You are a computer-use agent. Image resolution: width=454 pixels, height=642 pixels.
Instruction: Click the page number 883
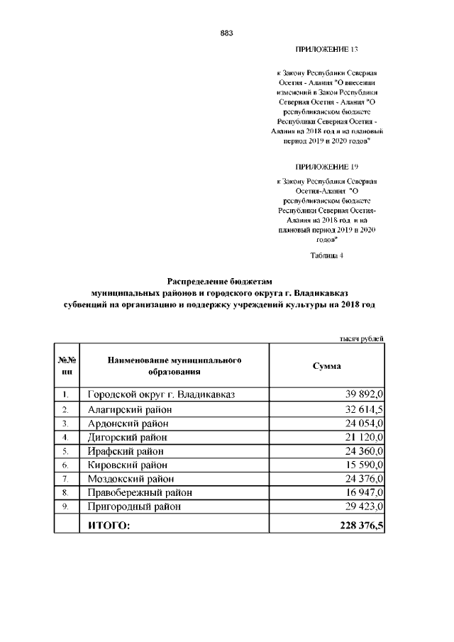227,33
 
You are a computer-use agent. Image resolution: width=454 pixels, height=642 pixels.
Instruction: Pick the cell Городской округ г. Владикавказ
161,394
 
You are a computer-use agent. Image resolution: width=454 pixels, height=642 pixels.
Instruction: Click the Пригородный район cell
134,507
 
